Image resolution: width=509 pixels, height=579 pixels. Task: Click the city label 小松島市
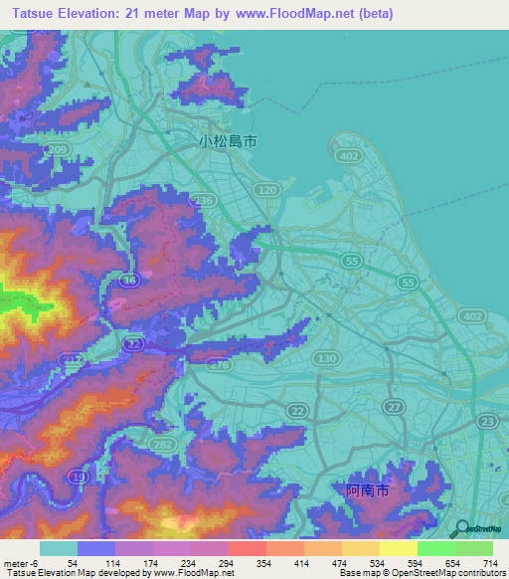228,141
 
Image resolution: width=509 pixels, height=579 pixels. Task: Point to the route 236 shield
205,201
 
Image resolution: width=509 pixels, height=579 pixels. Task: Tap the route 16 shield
129,283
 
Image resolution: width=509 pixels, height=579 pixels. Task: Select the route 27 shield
394,408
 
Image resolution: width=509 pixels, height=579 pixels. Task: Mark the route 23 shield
487,422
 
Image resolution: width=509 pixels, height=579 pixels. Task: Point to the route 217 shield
71,358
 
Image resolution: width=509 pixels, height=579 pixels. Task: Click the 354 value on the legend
262,562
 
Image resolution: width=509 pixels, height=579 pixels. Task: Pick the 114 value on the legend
111,562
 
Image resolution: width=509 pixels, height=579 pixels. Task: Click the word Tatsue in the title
30,13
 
